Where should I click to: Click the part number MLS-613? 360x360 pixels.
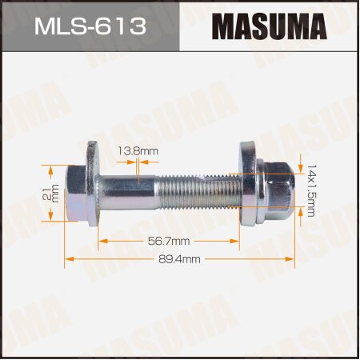click(x=90, y=27)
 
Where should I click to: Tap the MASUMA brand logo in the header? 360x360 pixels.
click(x=269, y=27)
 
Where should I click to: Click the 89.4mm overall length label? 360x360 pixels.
click(x=178, y=259)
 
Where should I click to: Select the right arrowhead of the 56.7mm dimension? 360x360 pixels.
click(x=236, y=240)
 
